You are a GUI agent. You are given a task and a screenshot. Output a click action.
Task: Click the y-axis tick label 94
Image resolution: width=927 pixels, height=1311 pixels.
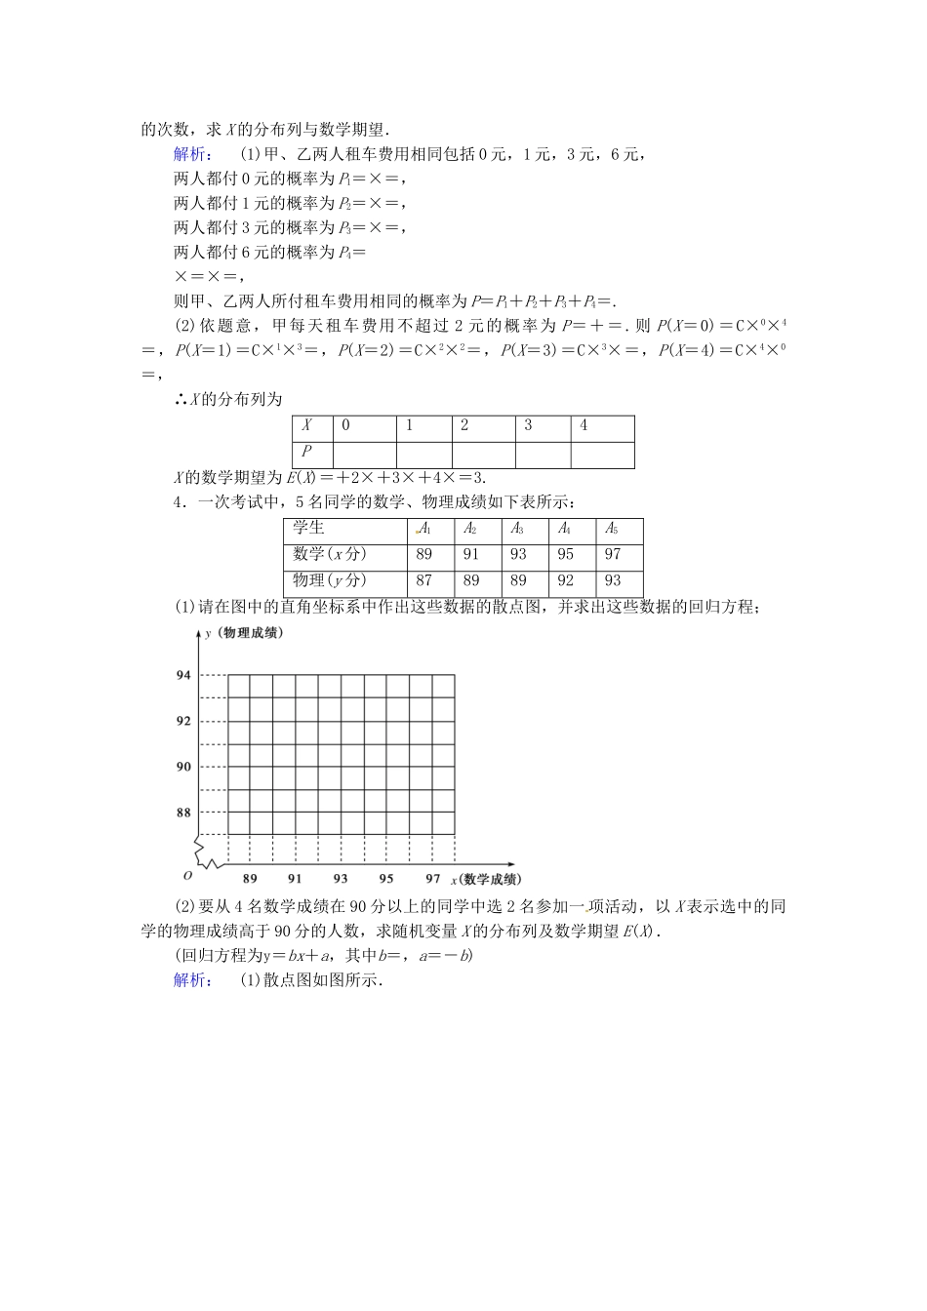[x=183, y=675]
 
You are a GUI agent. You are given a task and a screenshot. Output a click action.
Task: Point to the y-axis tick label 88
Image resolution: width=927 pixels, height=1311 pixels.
[x=183, y=813]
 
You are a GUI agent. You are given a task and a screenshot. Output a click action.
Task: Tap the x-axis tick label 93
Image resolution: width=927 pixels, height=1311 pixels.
[x=341, y=878]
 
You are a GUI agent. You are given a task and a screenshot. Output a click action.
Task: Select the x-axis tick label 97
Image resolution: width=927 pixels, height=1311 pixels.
[x=432, y=878]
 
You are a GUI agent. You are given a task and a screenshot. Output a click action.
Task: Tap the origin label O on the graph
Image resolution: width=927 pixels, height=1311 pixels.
[x=187, y=876]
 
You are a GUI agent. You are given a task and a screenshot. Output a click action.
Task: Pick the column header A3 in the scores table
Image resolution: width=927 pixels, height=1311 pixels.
[x=517, y=529]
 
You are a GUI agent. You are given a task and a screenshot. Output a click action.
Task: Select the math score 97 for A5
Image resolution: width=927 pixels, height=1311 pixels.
[x=612, y=554]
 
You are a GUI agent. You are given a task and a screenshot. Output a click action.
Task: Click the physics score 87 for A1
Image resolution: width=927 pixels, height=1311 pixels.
[x=423, y=580]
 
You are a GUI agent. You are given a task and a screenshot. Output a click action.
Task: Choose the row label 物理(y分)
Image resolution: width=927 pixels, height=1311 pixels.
[x=330, y=580]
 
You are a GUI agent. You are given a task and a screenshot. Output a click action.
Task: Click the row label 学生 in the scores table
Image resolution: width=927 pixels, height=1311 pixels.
[x=308, y=528]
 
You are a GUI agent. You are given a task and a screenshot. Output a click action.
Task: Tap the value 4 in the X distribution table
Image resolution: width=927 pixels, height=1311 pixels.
[x=584, y=425]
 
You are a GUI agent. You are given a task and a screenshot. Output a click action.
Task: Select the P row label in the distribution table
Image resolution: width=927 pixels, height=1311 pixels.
[x=306, y=451]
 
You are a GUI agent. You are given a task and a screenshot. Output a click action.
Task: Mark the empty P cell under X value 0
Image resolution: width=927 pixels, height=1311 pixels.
[x=364, y=455]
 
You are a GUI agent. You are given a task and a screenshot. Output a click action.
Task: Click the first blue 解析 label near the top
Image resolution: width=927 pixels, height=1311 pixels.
[x=190, y=154]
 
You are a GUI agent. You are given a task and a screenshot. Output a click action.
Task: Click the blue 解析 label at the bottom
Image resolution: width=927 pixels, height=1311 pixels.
[x=190, y=980]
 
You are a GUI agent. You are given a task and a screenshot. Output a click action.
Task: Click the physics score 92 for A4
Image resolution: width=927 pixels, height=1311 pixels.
[x=565, y=580]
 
